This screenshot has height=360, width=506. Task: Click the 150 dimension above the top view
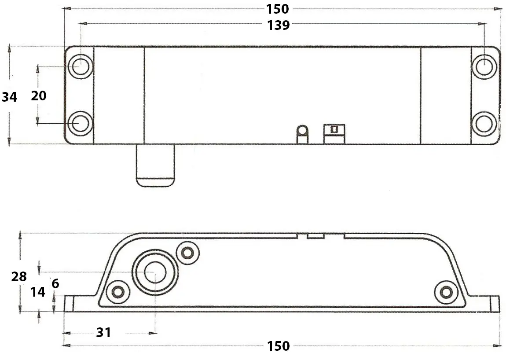[278, 9]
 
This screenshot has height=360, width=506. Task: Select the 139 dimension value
[278, 26]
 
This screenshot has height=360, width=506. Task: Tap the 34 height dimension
[9, 97]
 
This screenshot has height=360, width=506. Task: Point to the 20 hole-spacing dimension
[39, 96]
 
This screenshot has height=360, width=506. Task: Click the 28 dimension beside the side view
[19, 277]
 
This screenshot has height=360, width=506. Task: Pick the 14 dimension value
[38, 291]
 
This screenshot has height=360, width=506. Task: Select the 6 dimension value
[55, 284]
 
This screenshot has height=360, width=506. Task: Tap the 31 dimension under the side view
[103, 333]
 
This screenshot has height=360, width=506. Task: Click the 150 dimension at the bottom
[278, 346]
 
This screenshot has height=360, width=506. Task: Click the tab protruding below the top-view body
[155, 166]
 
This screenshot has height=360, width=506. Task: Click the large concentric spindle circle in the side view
[155, 272]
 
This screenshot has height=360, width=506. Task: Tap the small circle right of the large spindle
[188, 252]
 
